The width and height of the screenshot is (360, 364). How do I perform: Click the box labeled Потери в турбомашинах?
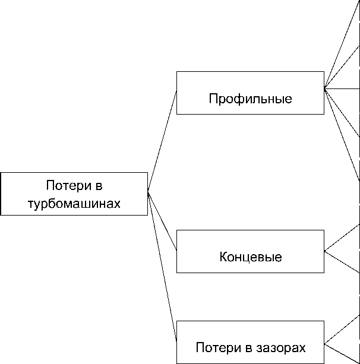[x=74, y=194]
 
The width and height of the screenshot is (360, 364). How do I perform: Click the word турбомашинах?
[x=74, y=204]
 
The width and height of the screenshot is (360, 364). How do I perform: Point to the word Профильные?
[x=250, y=99]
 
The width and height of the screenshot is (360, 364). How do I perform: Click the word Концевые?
[x=250, y=258]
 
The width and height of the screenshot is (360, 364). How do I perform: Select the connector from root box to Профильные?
[x=162, y=141]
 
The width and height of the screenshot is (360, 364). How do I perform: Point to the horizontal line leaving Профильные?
[x=342, y=88]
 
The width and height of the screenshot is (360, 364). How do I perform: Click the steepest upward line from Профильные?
[x=342, y=45]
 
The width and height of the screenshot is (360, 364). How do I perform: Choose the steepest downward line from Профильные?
[x=342, y=134]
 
